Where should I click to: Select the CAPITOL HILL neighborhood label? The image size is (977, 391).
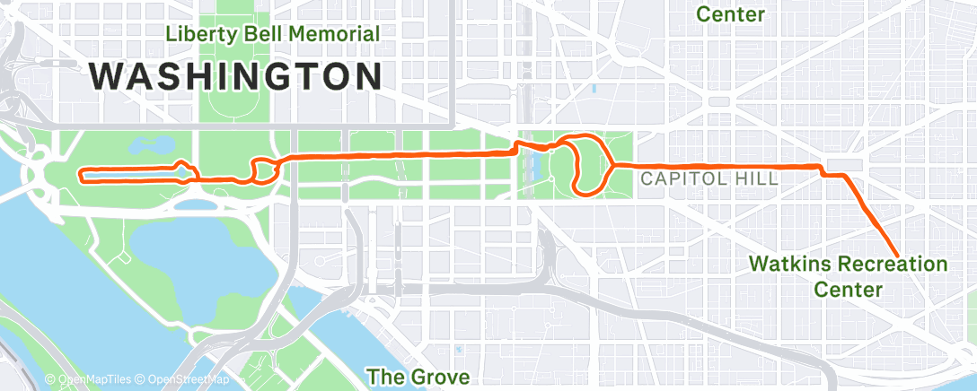point(709,178)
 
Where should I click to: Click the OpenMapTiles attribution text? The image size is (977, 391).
point(91,380)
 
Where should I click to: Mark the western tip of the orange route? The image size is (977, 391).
point(81,175)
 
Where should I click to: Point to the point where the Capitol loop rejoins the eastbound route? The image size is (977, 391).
point(613,166)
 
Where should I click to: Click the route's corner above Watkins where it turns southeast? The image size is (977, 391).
point(823,169)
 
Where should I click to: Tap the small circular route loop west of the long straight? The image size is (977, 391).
point(263,170)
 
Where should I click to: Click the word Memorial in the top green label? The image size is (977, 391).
point(334,34)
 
